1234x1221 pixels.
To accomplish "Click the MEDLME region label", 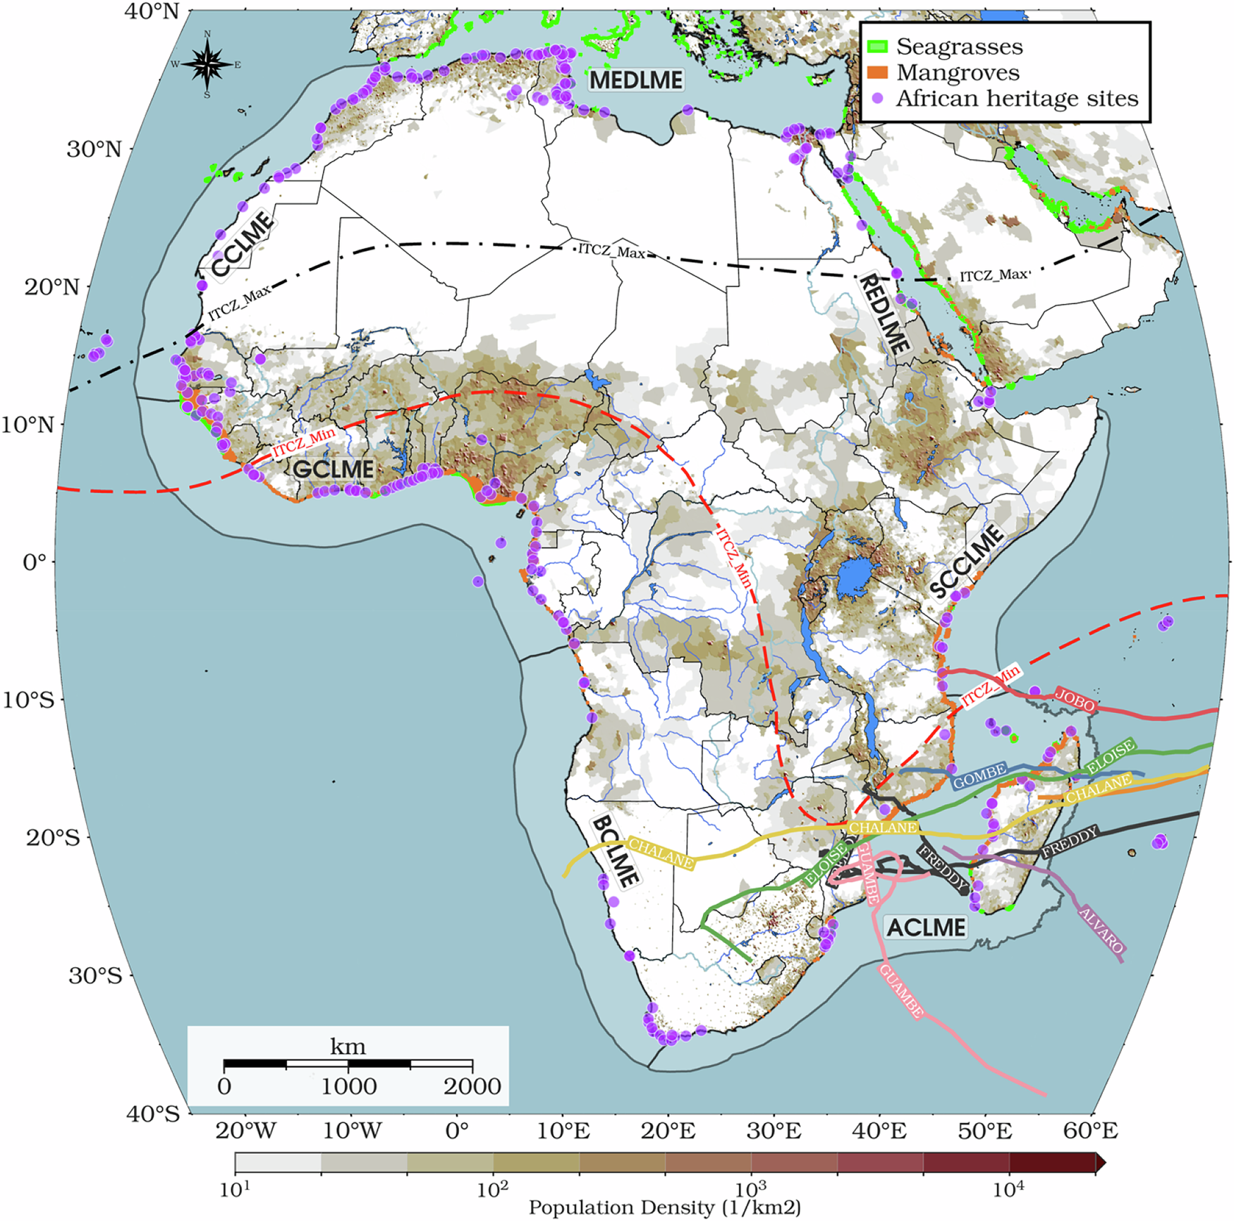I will [x=636, y=80].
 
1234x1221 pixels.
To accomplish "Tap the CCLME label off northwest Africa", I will [x=242, y=245].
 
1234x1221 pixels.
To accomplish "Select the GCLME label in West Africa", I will [x=334, y=470].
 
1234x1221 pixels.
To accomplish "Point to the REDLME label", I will [x=884, y=314].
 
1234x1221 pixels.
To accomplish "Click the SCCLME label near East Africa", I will [x=966, y=562].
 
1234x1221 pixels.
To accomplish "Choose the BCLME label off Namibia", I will [x=616, y=851].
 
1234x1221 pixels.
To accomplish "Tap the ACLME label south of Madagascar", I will [x=925, y=927].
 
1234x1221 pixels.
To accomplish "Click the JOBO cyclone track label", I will [x=1075, y=700].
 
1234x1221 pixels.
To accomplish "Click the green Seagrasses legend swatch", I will [x=877, y=47].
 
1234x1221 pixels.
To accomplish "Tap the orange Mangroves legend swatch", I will [x=877, y=73].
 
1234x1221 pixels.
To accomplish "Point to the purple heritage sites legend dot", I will [x=877, y=99].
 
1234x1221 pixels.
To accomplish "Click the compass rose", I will [x=207, y=65].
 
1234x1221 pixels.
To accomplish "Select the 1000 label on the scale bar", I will [x=348, y=1086].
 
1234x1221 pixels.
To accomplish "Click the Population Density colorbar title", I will [x=664, y=1208].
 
